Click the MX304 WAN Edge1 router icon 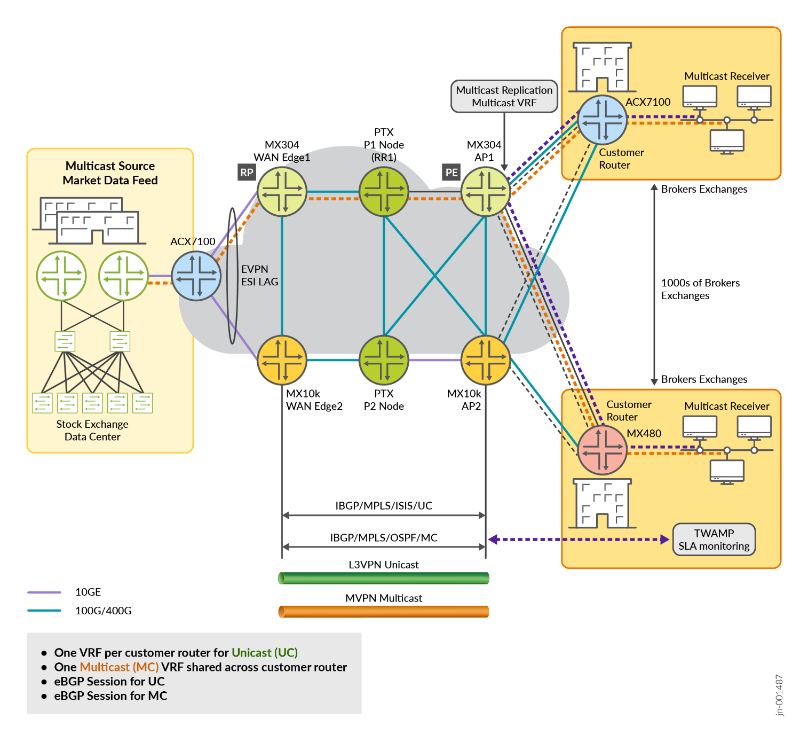pos(282,192)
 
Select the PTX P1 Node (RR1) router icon pos(384,192)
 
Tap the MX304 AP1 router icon pos(485,192)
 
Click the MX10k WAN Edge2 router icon pos(282,360)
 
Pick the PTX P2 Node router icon pos(384,360)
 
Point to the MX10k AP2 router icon pos(485,360)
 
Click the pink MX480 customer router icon pos(602,450)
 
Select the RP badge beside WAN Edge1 pos(247,173)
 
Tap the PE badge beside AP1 pos(451,173)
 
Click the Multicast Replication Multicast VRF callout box pos(504,97)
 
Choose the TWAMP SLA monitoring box pos(714,540)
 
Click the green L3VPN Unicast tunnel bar pos(383,578)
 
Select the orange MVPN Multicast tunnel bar pos(383,612)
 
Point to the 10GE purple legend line pos(44,592)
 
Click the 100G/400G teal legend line pos(44,611)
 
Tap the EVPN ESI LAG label pos(259,276)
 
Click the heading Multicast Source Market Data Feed pos(110,173)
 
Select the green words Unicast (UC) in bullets pos(264,653)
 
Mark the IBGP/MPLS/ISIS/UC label pos(384,506)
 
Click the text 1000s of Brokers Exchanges pos(700,289)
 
